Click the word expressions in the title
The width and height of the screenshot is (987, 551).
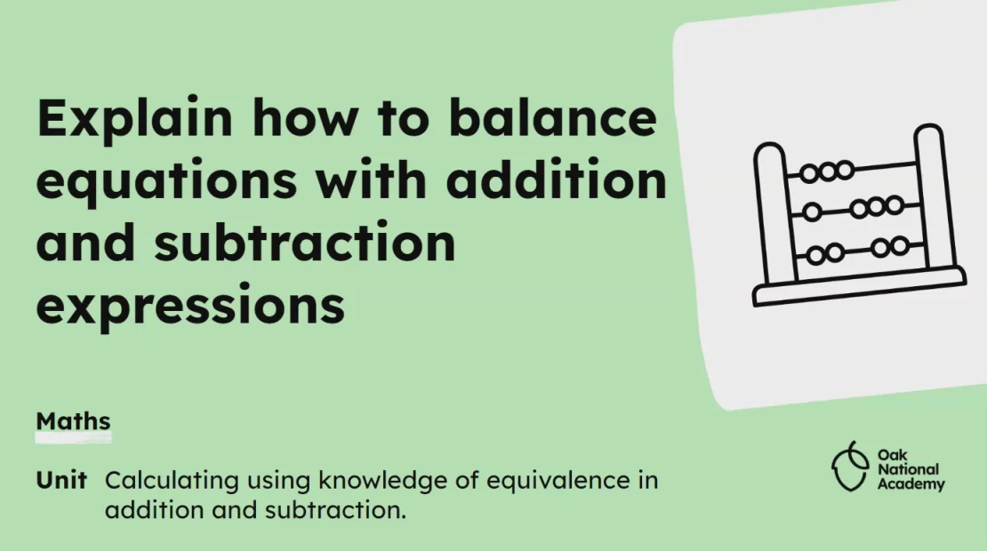point(190,305)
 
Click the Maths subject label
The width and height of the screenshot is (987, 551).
point(73,419)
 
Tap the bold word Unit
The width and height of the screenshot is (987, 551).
point(61,481)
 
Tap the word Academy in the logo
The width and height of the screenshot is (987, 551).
point(911,485)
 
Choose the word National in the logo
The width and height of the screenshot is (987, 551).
point(908,469)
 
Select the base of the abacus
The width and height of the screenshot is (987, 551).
point(859,286)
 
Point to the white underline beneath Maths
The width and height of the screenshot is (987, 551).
point(73,437)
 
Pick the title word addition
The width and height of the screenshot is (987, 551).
point(557,181)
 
